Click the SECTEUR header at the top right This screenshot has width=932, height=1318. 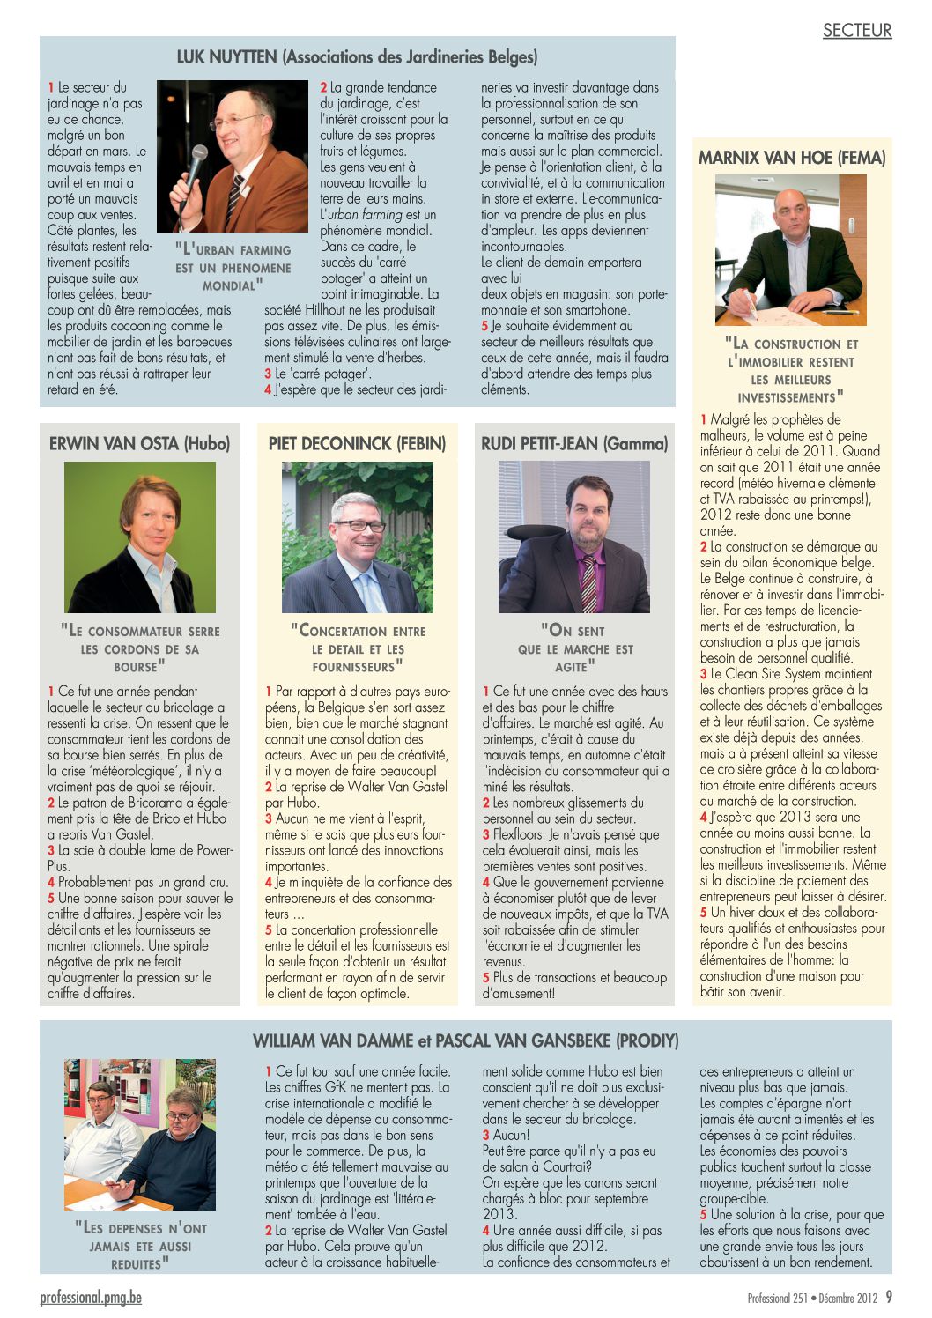tap(856, 31)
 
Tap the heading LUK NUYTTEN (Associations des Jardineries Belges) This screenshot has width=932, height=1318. tap(357, 57)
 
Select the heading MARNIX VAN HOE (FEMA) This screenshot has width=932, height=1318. tap(792, 158)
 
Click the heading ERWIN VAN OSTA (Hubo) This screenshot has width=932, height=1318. tap(139, 443)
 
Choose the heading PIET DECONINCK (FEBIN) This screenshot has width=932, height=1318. tap(357, 443)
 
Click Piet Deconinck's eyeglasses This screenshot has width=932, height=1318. tap(359, 525)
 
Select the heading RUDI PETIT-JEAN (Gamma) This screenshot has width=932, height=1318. tap(574, 443)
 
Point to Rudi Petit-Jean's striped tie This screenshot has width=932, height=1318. tap(588, 581)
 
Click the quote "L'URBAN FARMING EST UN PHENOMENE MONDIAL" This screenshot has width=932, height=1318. tap(233, 268)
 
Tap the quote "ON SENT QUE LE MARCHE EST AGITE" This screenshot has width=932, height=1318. tap(574, 648)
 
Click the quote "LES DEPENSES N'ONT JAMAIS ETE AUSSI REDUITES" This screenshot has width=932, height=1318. tap(140, 1246)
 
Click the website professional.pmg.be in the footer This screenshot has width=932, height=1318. tap(91, 1298)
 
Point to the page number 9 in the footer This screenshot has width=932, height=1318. tap(889, 1297)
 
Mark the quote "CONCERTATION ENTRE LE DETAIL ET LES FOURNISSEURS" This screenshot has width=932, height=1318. tap(358, 648)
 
